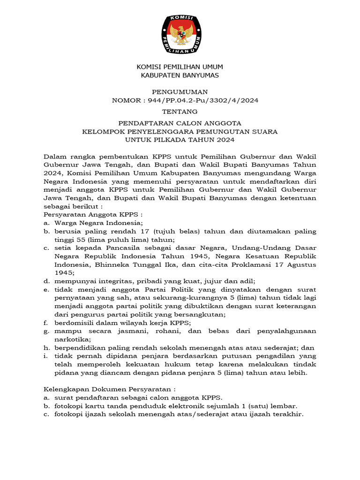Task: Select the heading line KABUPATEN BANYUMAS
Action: [180, 75]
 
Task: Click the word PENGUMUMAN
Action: [180, 92]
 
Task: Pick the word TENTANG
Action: [180, 112]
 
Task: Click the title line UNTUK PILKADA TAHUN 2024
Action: [180, 140]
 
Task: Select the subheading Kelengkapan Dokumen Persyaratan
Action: [109, 389]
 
